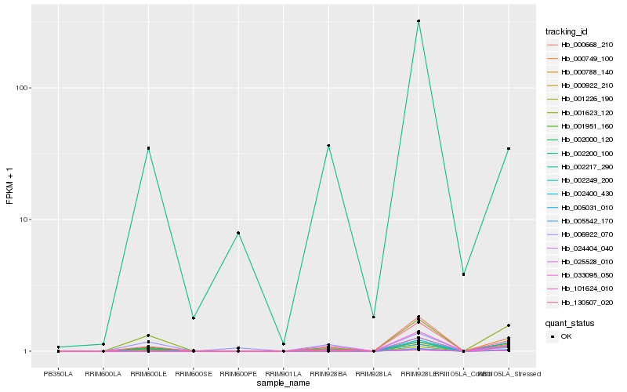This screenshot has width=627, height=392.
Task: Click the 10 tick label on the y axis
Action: [24, 220]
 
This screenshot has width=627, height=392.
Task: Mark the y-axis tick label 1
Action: [26, 351]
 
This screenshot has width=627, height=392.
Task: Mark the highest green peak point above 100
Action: [419, 21]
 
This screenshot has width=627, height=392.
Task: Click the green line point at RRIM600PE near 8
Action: [238, 233]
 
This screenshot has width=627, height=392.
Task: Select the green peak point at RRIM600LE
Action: [148, 148]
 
